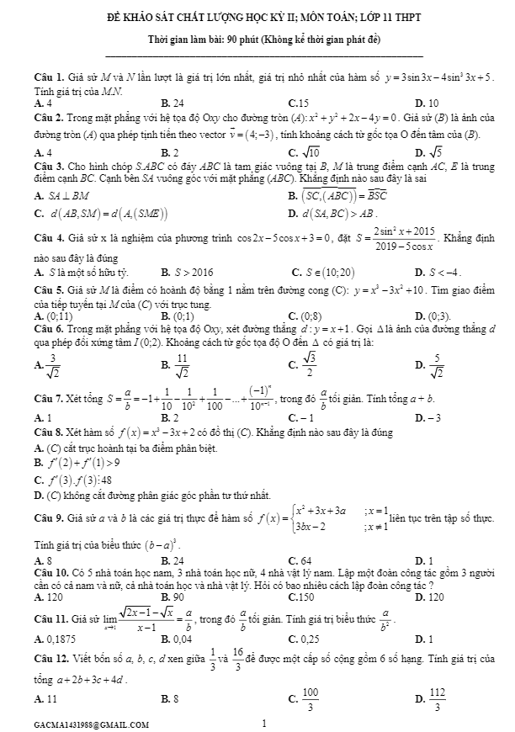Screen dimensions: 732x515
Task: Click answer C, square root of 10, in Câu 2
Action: coord(304,152)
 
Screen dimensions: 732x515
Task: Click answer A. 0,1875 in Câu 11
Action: coord(54,638)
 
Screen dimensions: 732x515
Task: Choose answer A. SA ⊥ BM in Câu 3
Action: coord(62,195)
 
